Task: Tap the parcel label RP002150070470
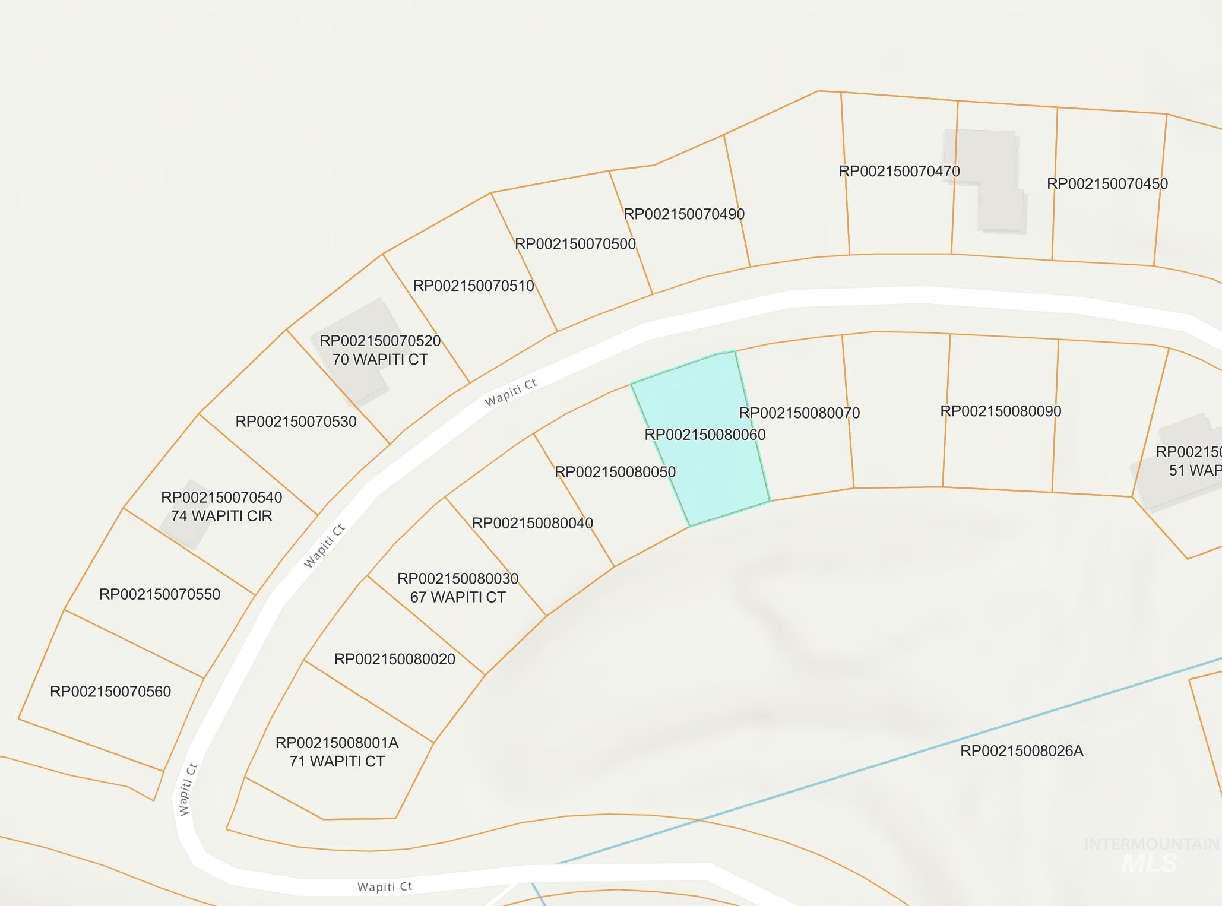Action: [899, 172]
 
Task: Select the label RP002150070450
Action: [1107, 184]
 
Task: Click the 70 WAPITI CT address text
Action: [380, 360]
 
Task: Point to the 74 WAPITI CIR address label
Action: [221, 516]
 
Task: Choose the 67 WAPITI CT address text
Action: [458, 597]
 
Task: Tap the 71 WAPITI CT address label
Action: [337, 762]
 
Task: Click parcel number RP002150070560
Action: [110, 692]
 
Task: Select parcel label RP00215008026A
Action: [1021, 752]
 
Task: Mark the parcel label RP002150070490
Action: [684, 214]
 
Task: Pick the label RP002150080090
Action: [1001, 411]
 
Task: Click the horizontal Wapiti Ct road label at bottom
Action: [385, 887]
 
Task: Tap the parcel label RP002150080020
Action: [395, 660]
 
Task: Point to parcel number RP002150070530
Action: [296, 422]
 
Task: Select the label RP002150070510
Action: [473, 286]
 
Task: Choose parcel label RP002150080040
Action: [532, 524]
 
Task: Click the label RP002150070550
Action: [160, 595]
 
